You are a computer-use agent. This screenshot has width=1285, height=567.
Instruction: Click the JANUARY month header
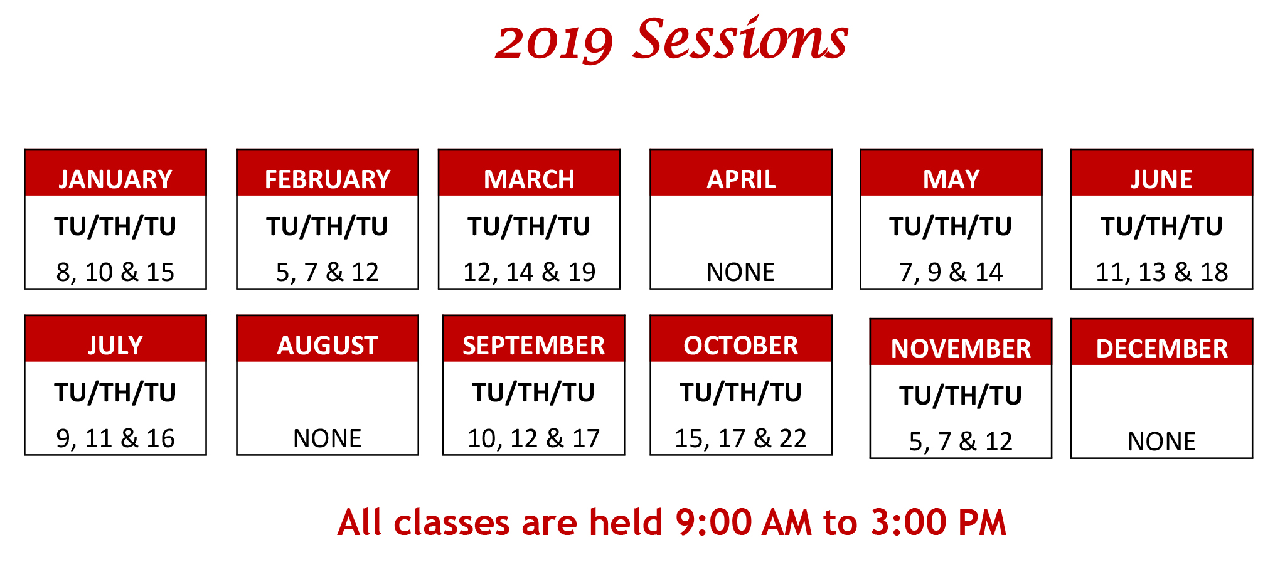pos(115,179)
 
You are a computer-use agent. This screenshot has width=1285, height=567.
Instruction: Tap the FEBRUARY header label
pos(328,179)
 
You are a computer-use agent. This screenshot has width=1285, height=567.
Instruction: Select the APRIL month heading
pos(741,179)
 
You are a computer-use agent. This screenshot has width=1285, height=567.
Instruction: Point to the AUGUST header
pos(328,346)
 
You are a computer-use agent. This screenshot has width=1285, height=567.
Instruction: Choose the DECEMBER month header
pos(1161,349)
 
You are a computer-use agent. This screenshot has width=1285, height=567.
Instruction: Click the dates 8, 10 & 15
pos(115,272)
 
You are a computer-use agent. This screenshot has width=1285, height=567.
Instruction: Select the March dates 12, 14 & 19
pos(529,272)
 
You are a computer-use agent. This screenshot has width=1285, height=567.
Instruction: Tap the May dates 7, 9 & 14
pos(951,272)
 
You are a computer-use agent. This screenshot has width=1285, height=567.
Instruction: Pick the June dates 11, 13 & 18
pos(1161,272)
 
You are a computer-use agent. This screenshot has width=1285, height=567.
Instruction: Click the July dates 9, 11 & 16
pos(115,438)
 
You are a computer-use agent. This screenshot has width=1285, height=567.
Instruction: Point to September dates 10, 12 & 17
pos(533,438)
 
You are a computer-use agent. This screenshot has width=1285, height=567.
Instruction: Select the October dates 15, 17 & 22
pos(740,438)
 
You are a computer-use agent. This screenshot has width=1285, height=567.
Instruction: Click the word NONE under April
pos(741,272)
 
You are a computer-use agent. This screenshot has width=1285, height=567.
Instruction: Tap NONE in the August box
pos(328,438)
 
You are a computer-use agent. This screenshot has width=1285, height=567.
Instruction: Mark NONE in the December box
pos(1161,442)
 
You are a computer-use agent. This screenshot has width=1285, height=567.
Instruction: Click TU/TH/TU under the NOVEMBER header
pos(961,396)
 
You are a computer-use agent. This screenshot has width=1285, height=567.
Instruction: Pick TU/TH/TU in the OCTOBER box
pos(740,393)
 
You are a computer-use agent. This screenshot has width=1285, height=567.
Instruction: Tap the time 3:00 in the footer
pos(902,522)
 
